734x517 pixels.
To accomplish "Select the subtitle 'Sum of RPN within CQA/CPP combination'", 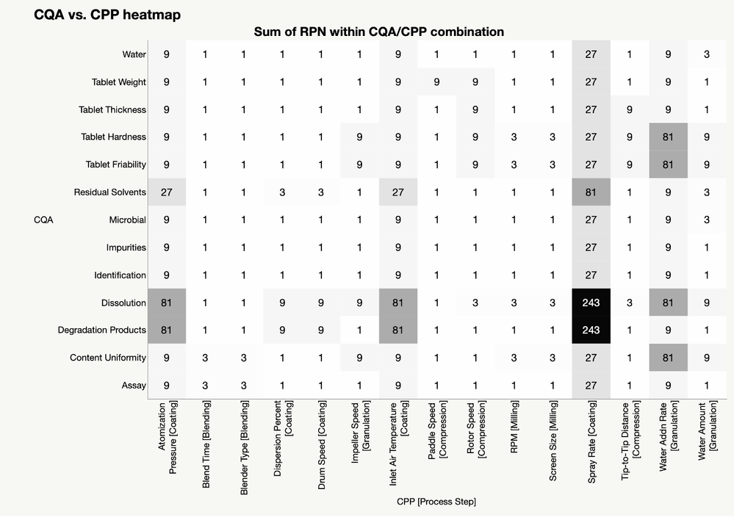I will [378, 32].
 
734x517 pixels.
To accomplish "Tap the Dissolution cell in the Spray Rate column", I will [591, 303].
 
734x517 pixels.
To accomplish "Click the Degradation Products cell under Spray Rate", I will [591, 330].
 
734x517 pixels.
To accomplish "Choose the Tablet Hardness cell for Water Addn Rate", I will [668, 137].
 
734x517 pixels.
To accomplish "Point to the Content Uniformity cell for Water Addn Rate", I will [668, 358].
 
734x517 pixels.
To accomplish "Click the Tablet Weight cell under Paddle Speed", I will [436, 82].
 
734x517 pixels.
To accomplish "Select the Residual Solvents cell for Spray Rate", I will [591, 192].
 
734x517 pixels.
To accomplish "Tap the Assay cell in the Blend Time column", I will [206, 385].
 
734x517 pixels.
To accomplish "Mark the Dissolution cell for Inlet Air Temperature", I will [398, 303].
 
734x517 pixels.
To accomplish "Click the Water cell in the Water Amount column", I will [706, 54].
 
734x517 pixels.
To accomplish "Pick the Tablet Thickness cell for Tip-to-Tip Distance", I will [630, 109].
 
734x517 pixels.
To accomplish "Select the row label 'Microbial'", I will [127, 220].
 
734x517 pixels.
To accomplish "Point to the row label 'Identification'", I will [120, 275].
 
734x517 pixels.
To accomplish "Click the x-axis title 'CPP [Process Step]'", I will [436, 502].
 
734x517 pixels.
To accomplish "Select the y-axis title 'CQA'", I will [44, 220].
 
